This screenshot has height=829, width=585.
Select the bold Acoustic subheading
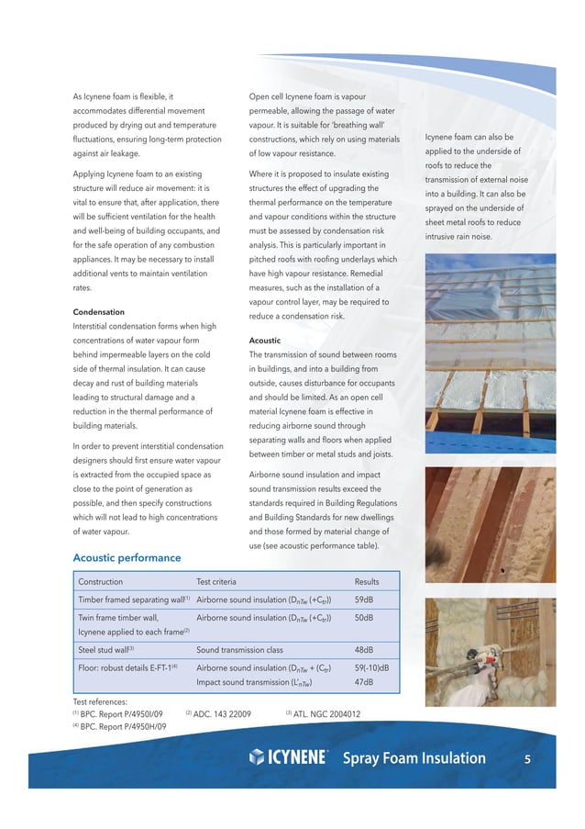tap(265, 340)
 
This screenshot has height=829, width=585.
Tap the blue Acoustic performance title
tap(127, 557)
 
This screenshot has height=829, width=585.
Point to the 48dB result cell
tap(363, 648)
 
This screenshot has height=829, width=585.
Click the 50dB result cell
tap(363, 618)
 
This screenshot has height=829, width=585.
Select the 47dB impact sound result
tap(363, 682)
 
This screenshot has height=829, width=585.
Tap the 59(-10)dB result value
tap(372, 667)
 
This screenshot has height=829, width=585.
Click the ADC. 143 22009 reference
tap(218, 713)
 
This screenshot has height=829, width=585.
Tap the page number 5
tap(527, 758)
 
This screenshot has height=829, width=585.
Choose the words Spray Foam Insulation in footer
tap(414, 758)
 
